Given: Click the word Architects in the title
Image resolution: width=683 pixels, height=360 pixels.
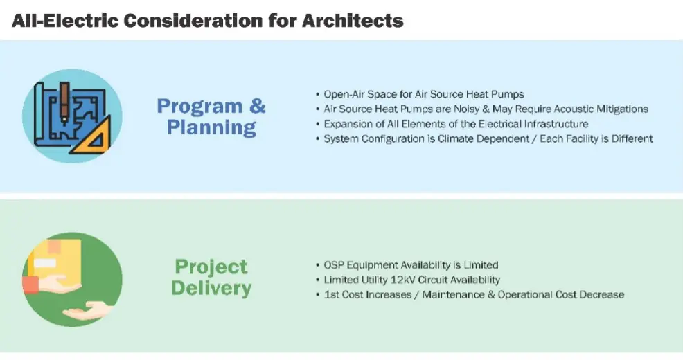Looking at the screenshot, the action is (x=353, y=21).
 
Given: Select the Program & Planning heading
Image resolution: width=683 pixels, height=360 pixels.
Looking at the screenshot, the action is (x=211, y=117).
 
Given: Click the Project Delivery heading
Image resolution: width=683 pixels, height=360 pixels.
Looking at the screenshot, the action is (x=211, y=278).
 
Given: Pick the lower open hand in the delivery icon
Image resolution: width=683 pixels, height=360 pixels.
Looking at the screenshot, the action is (x=87, y=311).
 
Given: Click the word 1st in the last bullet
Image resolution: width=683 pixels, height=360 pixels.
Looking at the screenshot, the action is (x=332, y=295).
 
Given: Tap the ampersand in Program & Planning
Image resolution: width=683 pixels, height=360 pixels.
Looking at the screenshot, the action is (x=258, y=106).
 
